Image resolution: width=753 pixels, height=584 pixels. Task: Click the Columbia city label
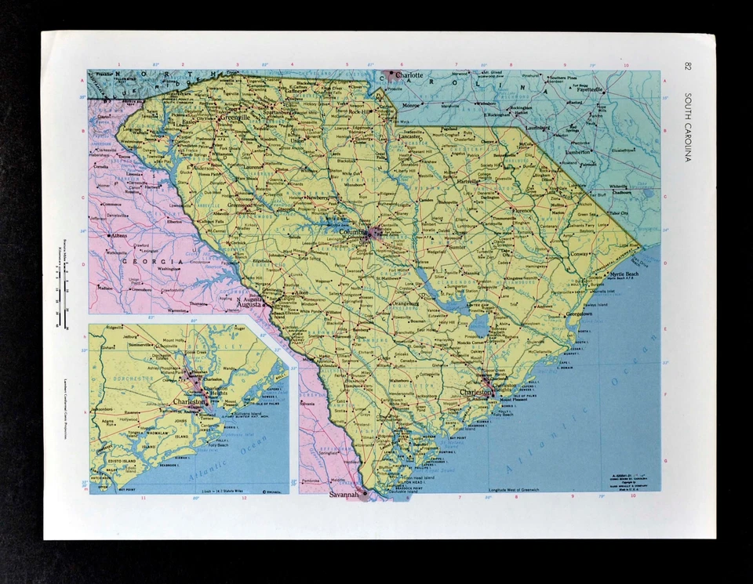pos(354,233)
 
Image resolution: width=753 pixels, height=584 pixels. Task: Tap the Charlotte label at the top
pos(409,75)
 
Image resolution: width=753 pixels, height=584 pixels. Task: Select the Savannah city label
pos(343,495)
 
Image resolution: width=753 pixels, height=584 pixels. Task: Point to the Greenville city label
pos(235,118)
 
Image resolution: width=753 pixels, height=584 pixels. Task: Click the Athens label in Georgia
pos(119,234)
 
